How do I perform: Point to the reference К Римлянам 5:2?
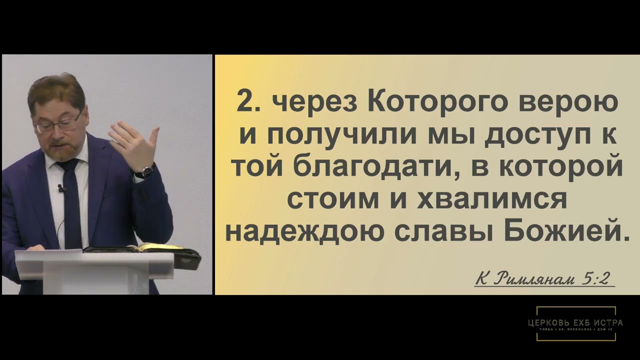[x=544, y=278]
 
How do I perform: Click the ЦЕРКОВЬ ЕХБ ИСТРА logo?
[x=575, y=323]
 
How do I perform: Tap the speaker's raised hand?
[x=134, y=145]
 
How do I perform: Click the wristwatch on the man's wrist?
[x=146, y=171]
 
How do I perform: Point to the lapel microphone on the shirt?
[x=61, y=189]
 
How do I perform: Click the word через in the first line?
[x=314, y=104]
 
